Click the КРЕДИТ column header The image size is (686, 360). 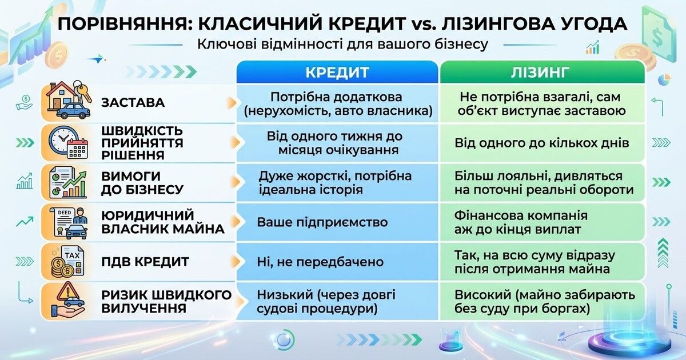[x=337, y=72]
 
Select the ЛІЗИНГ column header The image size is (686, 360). [x=541, y=72]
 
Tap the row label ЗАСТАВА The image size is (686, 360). [x=133, y=103]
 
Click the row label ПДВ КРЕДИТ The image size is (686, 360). [x=145, y=262]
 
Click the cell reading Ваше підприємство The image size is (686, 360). [x=322, y=222]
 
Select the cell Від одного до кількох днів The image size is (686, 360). [x=541, y=143]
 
